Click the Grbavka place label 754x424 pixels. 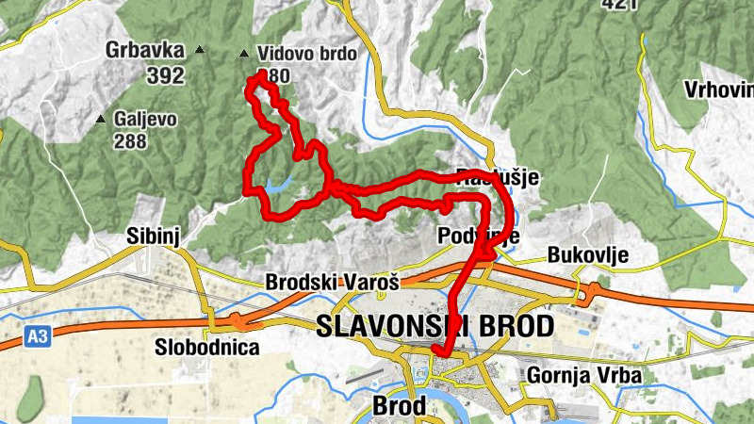click(145, 50)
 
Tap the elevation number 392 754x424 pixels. click(165, 75)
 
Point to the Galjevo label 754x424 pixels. click(145, 120)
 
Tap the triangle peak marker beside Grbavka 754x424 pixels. click(199, 49)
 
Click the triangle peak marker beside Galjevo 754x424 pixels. click(101, 119)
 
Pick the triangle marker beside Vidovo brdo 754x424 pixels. click(245, 54)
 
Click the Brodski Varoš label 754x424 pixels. click(333, 282)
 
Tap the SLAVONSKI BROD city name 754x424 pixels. click(435, 326)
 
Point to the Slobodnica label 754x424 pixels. click(207, 348)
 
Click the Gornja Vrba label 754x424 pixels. click(584, 375)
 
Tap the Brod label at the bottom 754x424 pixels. click(400, 406)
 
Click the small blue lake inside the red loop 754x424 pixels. click(279, 186)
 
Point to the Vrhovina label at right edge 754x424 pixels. click(721, 90)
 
